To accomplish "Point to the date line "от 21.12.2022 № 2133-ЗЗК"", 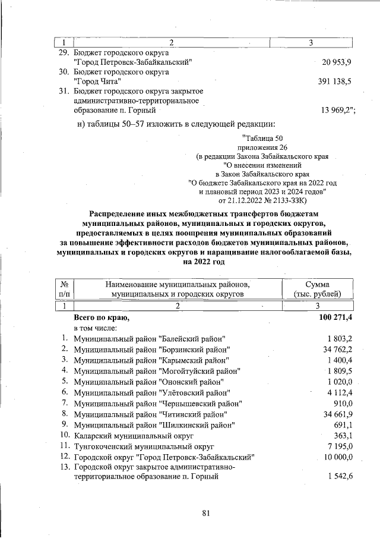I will [263, 201].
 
